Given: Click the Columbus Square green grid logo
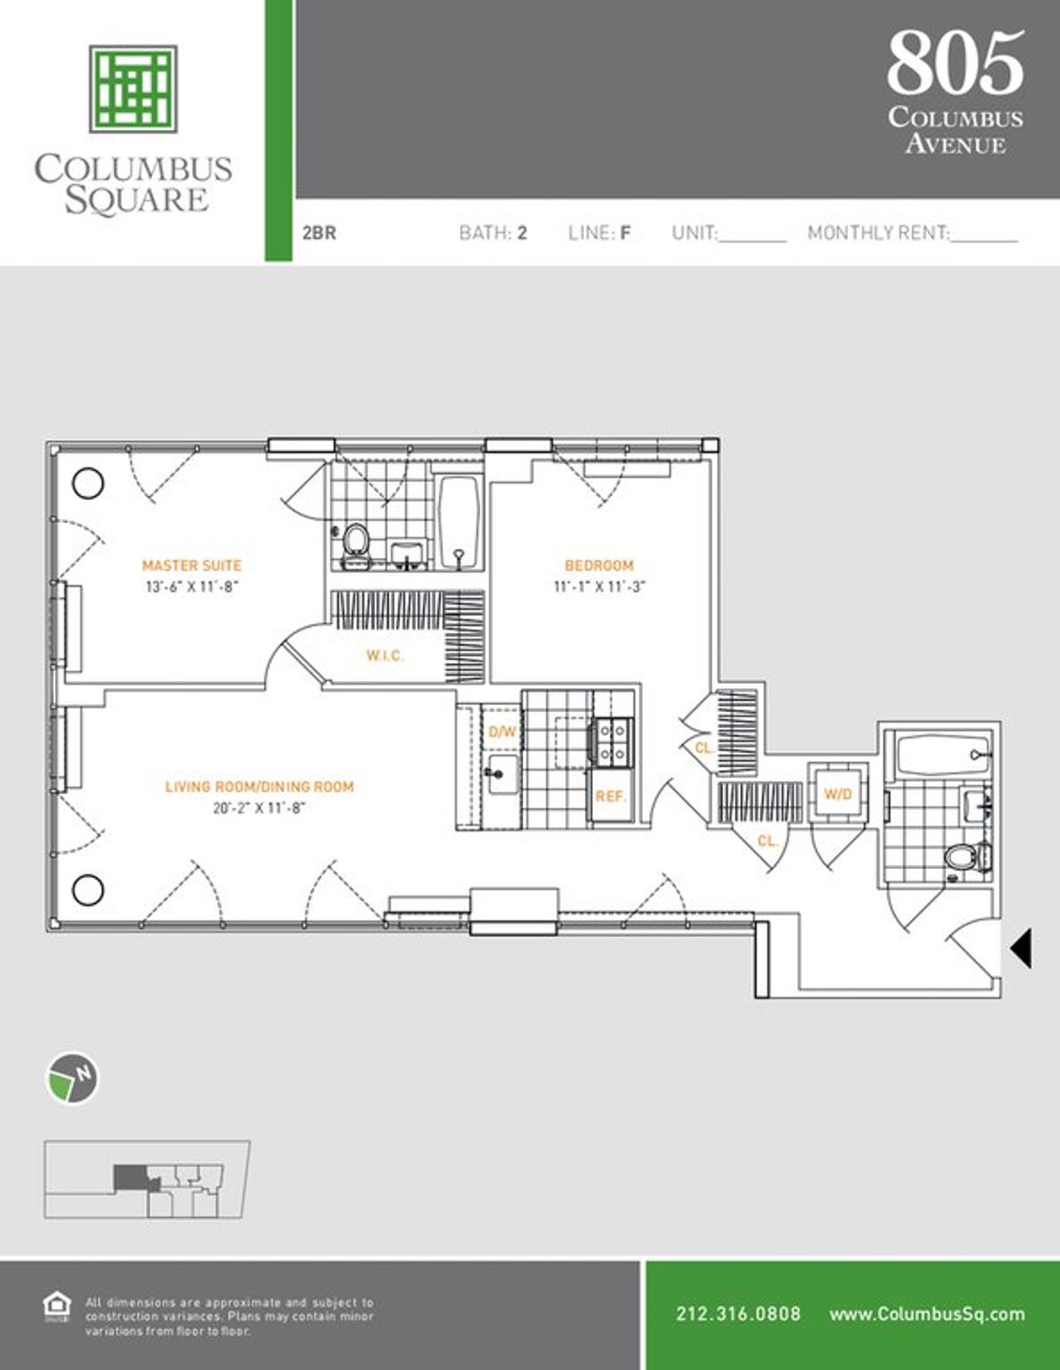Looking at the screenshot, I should pos(132,88).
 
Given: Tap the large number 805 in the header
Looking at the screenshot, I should pos(956,64).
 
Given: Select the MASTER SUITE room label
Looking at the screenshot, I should pos(192,565).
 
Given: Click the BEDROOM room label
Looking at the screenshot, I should pos(599,565).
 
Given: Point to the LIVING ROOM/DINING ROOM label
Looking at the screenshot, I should pos(259,786).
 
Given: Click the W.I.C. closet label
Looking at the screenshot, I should pos(385,655).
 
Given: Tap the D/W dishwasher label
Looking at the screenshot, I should pos(502,732).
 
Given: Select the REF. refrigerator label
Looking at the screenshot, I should pos(610,796).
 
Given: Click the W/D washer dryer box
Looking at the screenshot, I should pos(837,793).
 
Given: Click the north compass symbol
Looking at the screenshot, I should pos(72,1079).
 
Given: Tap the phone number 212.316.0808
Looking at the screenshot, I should pos(738,1313).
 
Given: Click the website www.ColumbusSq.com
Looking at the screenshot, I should pos(927,1313).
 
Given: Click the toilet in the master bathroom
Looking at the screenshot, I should pos(356,541).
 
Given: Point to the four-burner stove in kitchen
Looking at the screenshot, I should pos(612,742).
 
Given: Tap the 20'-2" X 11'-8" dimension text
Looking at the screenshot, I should pos(259,807).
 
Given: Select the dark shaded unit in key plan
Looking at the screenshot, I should pos(131,1177).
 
